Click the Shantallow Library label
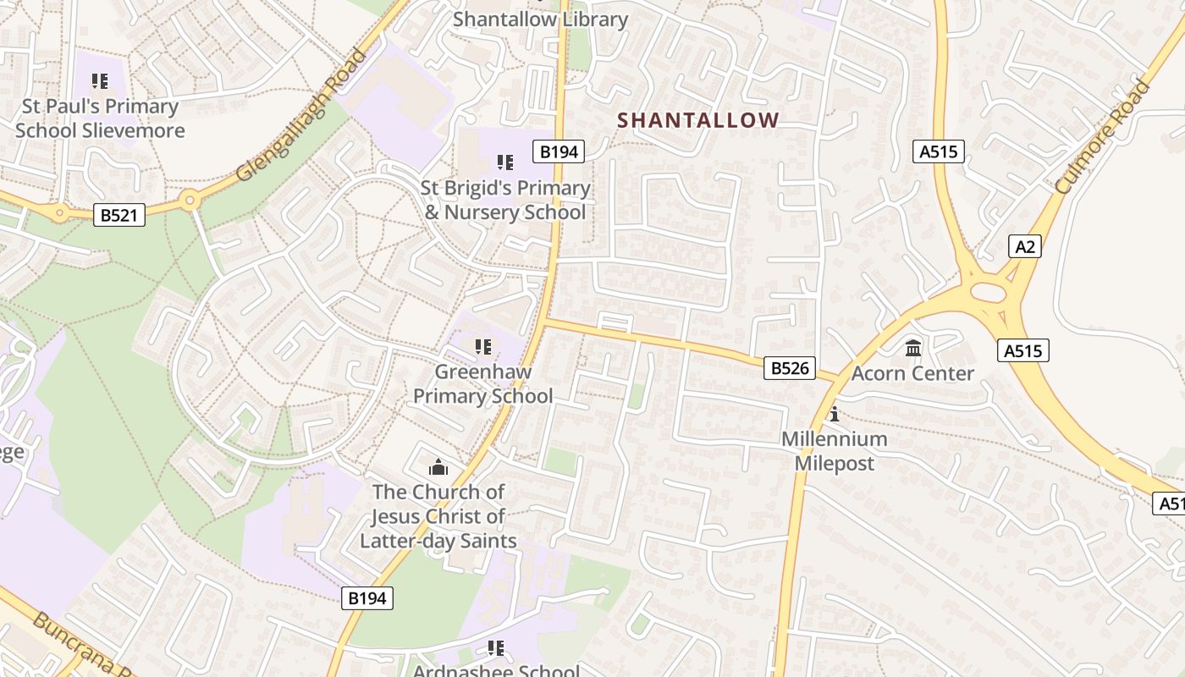click(540, 19)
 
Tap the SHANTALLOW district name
click(697, 120)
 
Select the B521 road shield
click(118, 215)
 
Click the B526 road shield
click(790, 367)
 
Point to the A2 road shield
click(1025, 246)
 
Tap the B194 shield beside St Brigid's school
click(559, 151)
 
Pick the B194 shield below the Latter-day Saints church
click(367, 598)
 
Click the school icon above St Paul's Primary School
click(100, 81)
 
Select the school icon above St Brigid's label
click(505, 162)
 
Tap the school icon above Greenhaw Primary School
click(483, 346)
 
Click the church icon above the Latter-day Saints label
click(438, 467)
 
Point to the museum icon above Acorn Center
click(913, 348)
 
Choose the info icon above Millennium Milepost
click(835, 414)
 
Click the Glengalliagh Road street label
click(303, 116)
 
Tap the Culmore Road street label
click(1104, 137)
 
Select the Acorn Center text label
click(912, 373)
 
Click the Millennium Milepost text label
click(834, 451)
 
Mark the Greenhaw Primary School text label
click(483, 383)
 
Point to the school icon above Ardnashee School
click(496, 648)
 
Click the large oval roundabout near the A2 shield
click(987, 293)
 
